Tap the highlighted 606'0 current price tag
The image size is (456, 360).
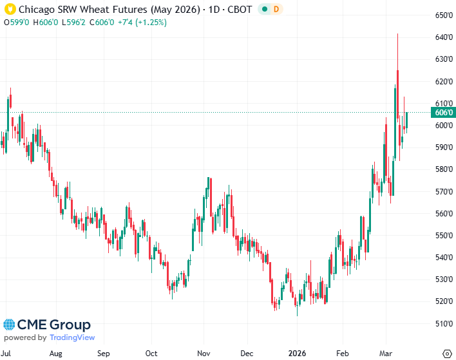(444, 113)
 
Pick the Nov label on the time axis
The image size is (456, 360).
(204, 354)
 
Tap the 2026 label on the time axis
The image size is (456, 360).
(296, 354)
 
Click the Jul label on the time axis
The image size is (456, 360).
(8, 354)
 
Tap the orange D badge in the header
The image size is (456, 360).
(276, 10)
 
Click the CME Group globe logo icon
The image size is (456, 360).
(9, 325)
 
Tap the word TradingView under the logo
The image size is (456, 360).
(72, 337)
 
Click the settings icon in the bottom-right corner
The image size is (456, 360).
(446, 354)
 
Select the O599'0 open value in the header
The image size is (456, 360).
(17, 22)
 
